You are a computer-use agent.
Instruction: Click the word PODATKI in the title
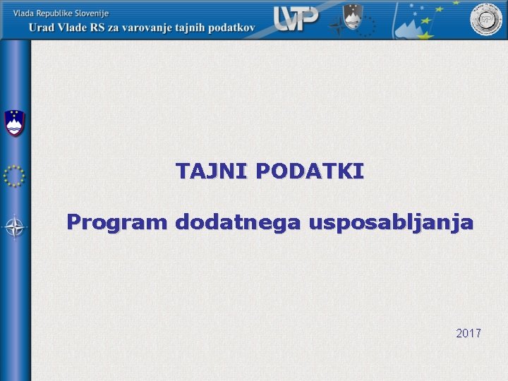pos(310,171)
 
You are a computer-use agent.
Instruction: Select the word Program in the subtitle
pos(116,223)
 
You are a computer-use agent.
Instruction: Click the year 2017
pos(468,332)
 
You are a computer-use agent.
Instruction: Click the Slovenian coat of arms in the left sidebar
pos(14,123)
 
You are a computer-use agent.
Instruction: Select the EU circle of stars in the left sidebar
pos(14,175)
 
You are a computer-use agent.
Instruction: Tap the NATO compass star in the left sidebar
pos(14,227)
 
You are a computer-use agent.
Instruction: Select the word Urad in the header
pos(44,28)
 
